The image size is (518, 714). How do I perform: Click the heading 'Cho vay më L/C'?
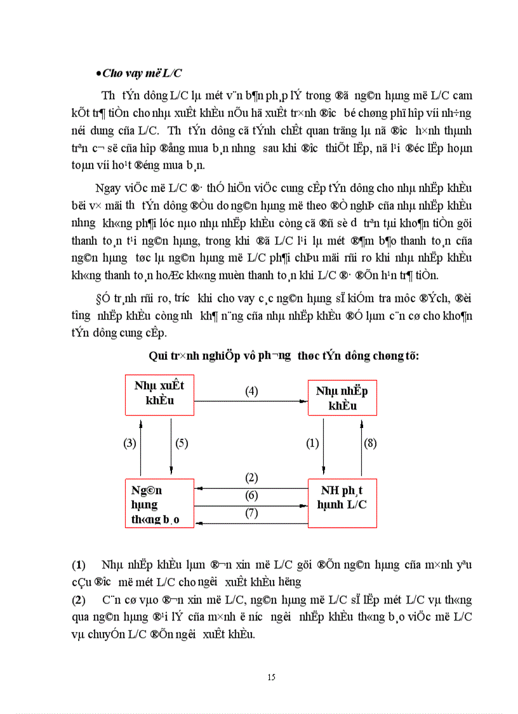coord(143,74)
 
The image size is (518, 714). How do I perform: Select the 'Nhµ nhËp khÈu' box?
coord(342,398)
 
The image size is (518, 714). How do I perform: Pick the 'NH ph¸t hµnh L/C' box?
coord(342,504)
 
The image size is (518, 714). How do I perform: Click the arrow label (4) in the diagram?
coord(251,391)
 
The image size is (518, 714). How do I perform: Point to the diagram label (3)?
coord(129,444)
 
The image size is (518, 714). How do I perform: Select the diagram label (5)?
coord(181,444)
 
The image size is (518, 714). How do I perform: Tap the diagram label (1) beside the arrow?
coord(312,444)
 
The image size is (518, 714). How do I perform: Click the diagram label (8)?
coord(371,444)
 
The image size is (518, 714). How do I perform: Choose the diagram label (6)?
coord(251,495)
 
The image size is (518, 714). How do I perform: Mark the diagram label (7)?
coord(251,512)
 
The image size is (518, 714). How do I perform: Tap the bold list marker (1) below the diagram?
coord(79,565)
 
